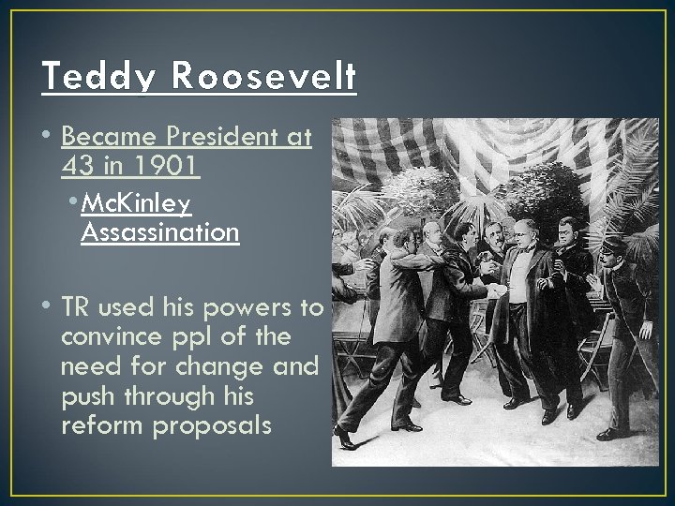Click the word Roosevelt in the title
point(264,75)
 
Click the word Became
point(101,139)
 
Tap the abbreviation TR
point(76,307)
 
